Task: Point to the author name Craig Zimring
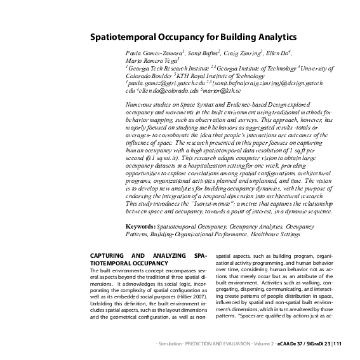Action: point(243,53)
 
